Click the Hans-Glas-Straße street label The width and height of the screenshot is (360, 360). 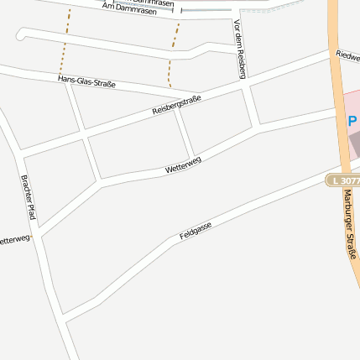click(x=86, y=81)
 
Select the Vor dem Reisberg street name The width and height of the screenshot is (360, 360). click(x=241, y=50)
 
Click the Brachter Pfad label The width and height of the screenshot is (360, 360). click(x=29, y=198)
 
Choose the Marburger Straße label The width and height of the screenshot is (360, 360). click(x=349, y=235)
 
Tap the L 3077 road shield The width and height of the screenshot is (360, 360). click(x=345, y=180)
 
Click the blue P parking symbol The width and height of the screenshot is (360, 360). click(x=352, y=121)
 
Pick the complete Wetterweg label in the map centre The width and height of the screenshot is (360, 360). click(x=183, y=165)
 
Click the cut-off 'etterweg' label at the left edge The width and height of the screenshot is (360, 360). click(x=14, y=240)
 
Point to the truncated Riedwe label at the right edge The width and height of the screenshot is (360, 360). click(x=347, y=55)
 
